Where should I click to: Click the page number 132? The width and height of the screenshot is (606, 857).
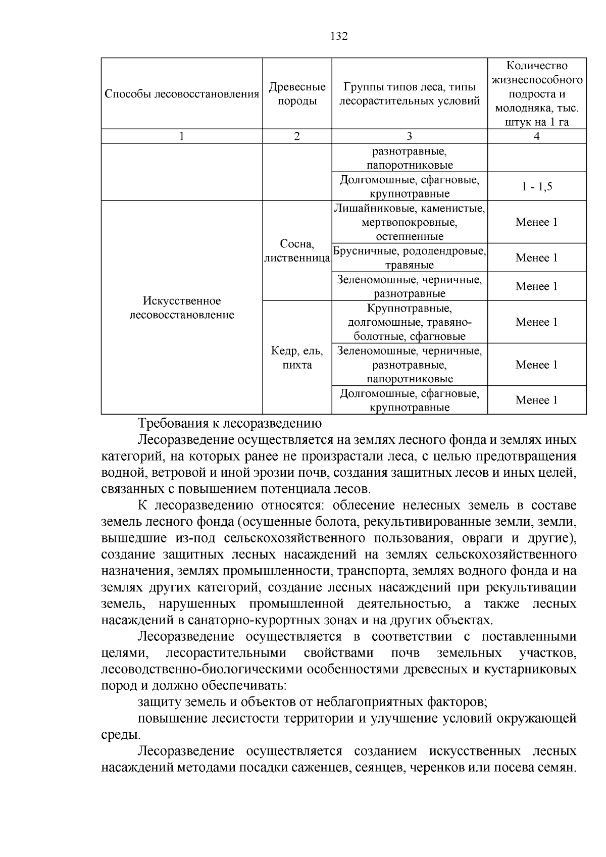tap(339, 36)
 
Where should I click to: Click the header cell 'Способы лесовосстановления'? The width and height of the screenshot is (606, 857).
tap(182, 94)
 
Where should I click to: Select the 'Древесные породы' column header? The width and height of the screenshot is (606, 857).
tap(297, 94)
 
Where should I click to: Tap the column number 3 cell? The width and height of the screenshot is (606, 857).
tap(409, 136)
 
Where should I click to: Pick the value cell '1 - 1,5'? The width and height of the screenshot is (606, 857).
tap(537, 187)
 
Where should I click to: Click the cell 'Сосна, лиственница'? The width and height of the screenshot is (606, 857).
tap(297, 251)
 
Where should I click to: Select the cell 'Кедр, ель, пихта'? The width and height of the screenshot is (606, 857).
tap(297, 358)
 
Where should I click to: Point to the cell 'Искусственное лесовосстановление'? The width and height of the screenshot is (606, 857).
tap(182, 308)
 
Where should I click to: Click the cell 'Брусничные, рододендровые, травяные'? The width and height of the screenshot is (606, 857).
tap(409, 258)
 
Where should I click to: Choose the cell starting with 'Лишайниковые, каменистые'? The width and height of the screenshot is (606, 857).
tap(409, 222)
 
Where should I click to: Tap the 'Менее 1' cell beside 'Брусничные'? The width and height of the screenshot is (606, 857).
tap(537, 258)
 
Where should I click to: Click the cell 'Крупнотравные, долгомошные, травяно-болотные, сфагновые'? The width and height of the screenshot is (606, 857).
tap(409, 322)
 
